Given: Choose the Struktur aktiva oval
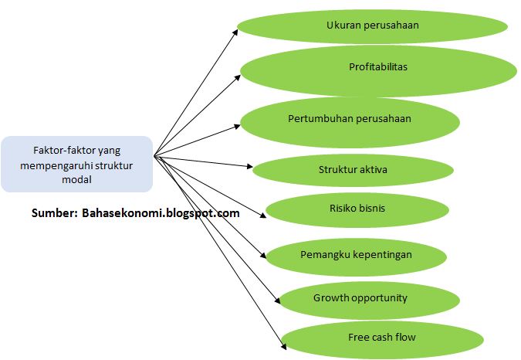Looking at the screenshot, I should click(x=353, y=170).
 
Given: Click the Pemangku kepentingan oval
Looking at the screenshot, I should click(x=355, y=255).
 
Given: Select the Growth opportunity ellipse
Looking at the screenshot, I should click(x=360, y=299).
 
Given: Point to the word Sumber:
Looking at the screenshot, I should click(x=54, y=212).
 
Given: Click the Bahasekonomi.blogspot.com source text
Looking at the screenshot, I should click(x=160, y=212).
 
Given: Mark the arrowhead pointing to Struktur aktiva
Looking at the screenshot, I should click(x=249, y=166).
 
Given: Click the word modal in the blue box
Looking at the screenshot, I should click(x=76, y=179).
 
